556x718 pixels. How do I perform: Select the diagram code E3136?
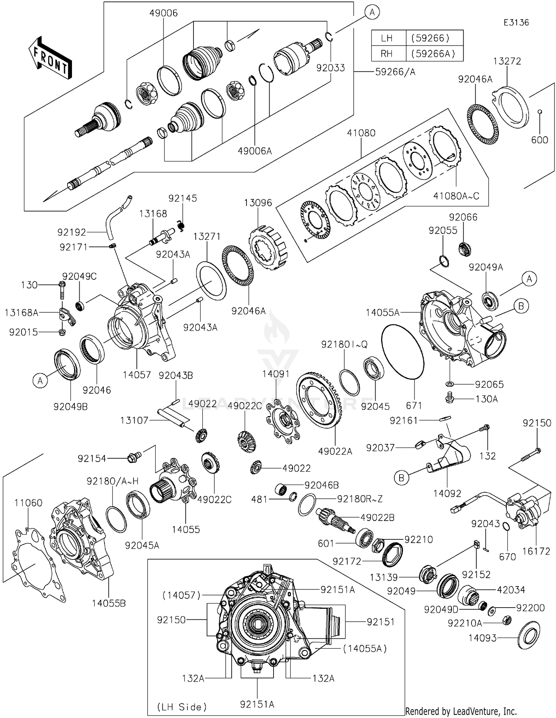click(x=516, y=23)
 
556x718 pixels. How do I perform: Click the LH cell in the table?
click(x=387, y=38)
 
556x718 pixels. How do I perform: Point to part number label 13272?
click(x=507, y=61)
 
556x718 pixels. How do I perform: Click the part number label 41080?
click(x=361, y=133)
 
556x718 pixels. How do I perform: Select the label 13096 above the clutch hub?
click(x=258, y=203)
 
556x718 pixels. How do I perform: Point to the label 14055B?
click(x=109, y=604)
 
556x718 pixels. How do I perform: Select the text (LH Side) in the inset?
click(x=182, y=707)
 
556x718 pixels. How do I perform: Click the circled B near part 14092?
click(x=401, y=478)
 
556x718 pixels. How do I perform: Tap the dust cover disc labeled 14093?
click(x=529, y=635)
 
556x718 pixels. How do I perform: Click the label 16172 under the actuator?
click(x=536, y=551)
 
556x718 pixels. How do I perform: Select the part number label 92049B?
click(x=70, y=407)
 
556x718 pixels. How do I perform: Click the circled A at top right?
click(x=372, y=13)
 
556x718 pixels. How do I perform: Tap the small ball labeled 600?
click(x=540, y=111)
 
